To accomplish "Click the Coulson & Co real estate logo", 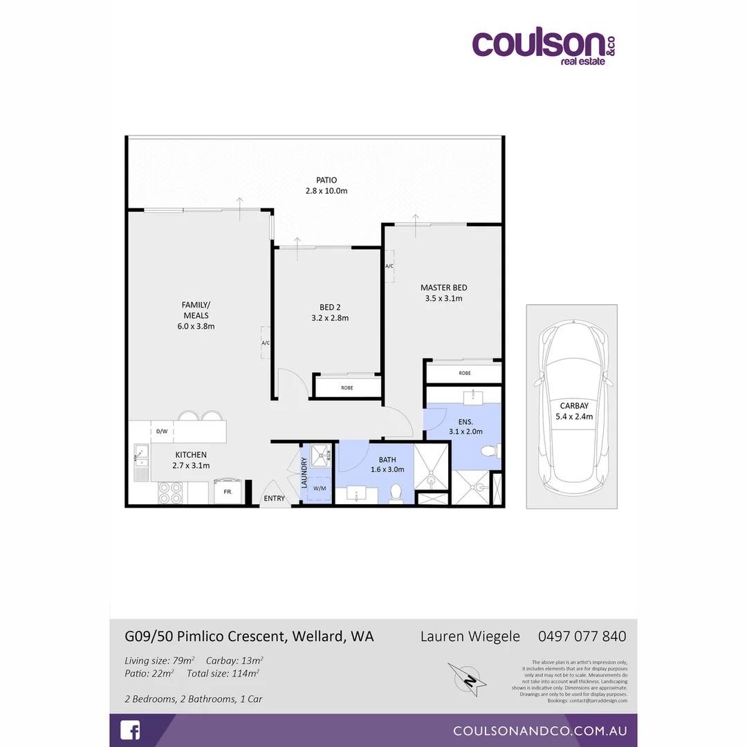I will [543, 47].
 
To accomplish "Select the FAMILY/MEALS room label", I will [196, 315].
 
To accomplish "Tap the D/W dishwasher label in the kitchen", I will [162, 431].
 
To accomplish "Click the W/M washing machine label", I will [320, 489].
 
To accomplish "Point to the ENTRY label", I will [273, 499].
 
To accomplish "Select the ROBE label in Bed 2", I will [347, 387].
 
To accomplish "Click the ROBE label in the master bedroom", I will [465, 373].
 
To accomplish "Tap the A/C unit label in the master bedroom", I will [389, 266].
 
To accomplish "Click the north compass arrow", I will [468, 680].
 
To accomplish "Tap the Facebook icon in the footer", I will [130, 730].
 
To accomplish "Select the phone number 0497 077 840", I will [582, 636].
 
